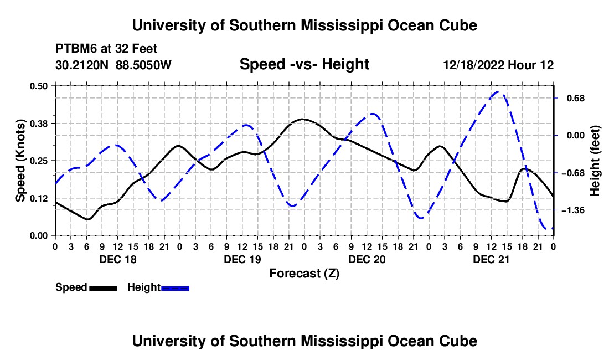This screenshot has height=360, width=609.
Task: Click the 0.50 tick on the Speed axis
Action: point(38,86)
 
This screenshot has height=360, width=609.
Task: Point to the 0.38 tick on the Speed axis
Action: point(38,124)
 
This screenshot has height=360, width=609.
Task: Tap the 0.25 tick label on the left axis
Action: point(38,161)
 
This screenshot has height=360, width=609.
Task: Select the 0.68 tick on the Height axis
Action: point(576,98)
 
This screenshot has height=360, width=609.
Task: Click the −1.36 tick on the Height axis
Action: point(573,210)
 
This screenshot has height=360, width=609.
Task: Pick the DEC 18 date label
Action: point(118,259)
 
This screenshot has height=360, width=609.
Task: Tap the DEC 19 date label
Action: point(242,259)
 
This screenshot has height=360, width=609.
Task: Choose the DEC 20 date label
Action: point(367,259)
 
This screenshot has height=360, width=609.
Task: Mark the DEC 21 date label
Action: point(491,259)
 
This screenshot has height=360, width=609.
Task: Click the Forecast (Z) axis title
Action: point(304,274)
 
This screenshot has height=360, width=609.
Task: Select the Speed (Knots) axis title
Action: point(20,161)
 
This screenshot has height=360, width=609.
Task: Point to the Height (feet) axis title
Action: point(595,161)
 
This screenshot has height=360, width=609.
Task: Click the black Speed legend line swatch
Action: point(104,288)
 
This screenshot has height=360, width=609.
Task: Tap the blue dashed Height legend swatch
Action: point(175,288)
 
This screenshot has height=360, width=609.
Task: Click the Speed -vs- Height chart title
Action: point(304,64)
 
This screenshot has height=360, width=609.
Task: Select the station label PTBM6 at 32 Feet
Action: point(106,49)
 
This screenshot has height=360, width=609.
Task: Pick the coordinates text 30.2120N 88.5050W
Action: point(113,65)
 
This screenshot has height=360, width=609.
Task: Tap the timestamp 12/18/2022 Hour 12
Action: point(498,65)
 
